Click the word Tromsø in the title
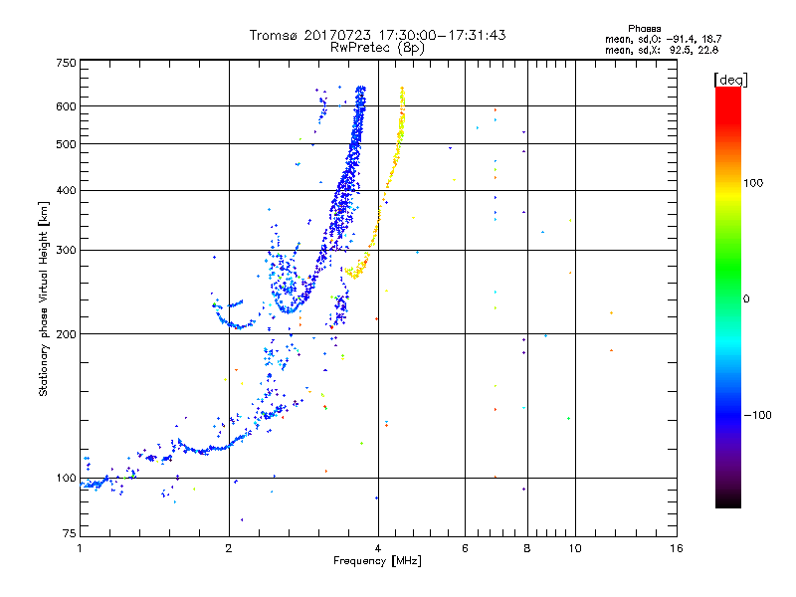[x=276, y=35]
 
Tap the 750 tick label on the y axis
[x=66, y=62]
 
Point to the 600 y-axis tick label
[x=66, y=105]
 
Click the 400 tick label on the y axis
[x=66, y=190]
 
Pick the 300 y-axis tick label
[x=66, y=250]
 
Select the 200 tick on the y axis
[x=66, y=333]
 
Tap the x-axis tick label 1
[x=80, y=548]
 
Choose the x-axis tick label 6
[x=466, y=548]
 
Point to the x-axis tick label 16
[x=676, y=548]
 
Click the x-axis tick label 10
[x=574, y=548]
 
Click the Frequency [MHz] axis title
[x=378, y=562]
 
